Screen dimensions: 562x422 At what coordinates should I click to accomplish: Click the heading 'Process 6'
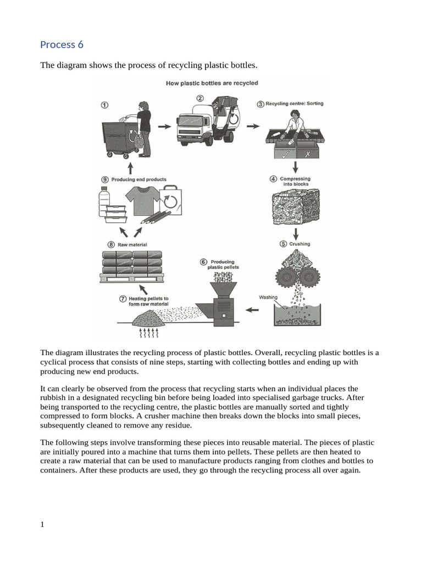pos(62,44)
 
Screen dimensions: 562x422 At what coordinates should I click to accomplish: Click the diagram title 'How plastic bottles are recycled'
pos(212,83)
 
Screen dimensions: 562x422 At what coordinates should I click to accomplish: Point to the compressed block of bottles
pos(295,209)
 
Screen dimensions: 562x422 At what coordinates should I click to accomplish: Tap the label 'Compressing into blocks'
pos(295,181)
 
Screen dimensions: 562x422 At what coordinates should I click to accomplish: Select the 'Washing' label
pos(268,297)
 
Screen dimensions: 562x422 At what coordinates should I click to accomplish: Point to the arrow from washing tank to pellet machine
pos(252,310)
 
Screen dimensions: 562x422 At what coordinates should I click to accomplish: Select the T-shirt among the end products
pos(142,200)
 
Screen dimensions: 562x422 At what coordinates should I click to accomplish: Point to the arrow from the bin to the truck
pos(164,126)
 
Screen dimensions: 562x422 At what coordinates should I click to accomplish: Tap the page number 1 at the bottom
pos(42,525)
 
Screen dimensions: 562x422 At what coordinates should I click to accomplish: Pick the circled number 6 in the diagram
pos(203,262)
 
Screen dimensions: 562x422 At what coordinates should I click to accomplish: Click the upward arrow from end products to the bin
pos(130,167)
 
